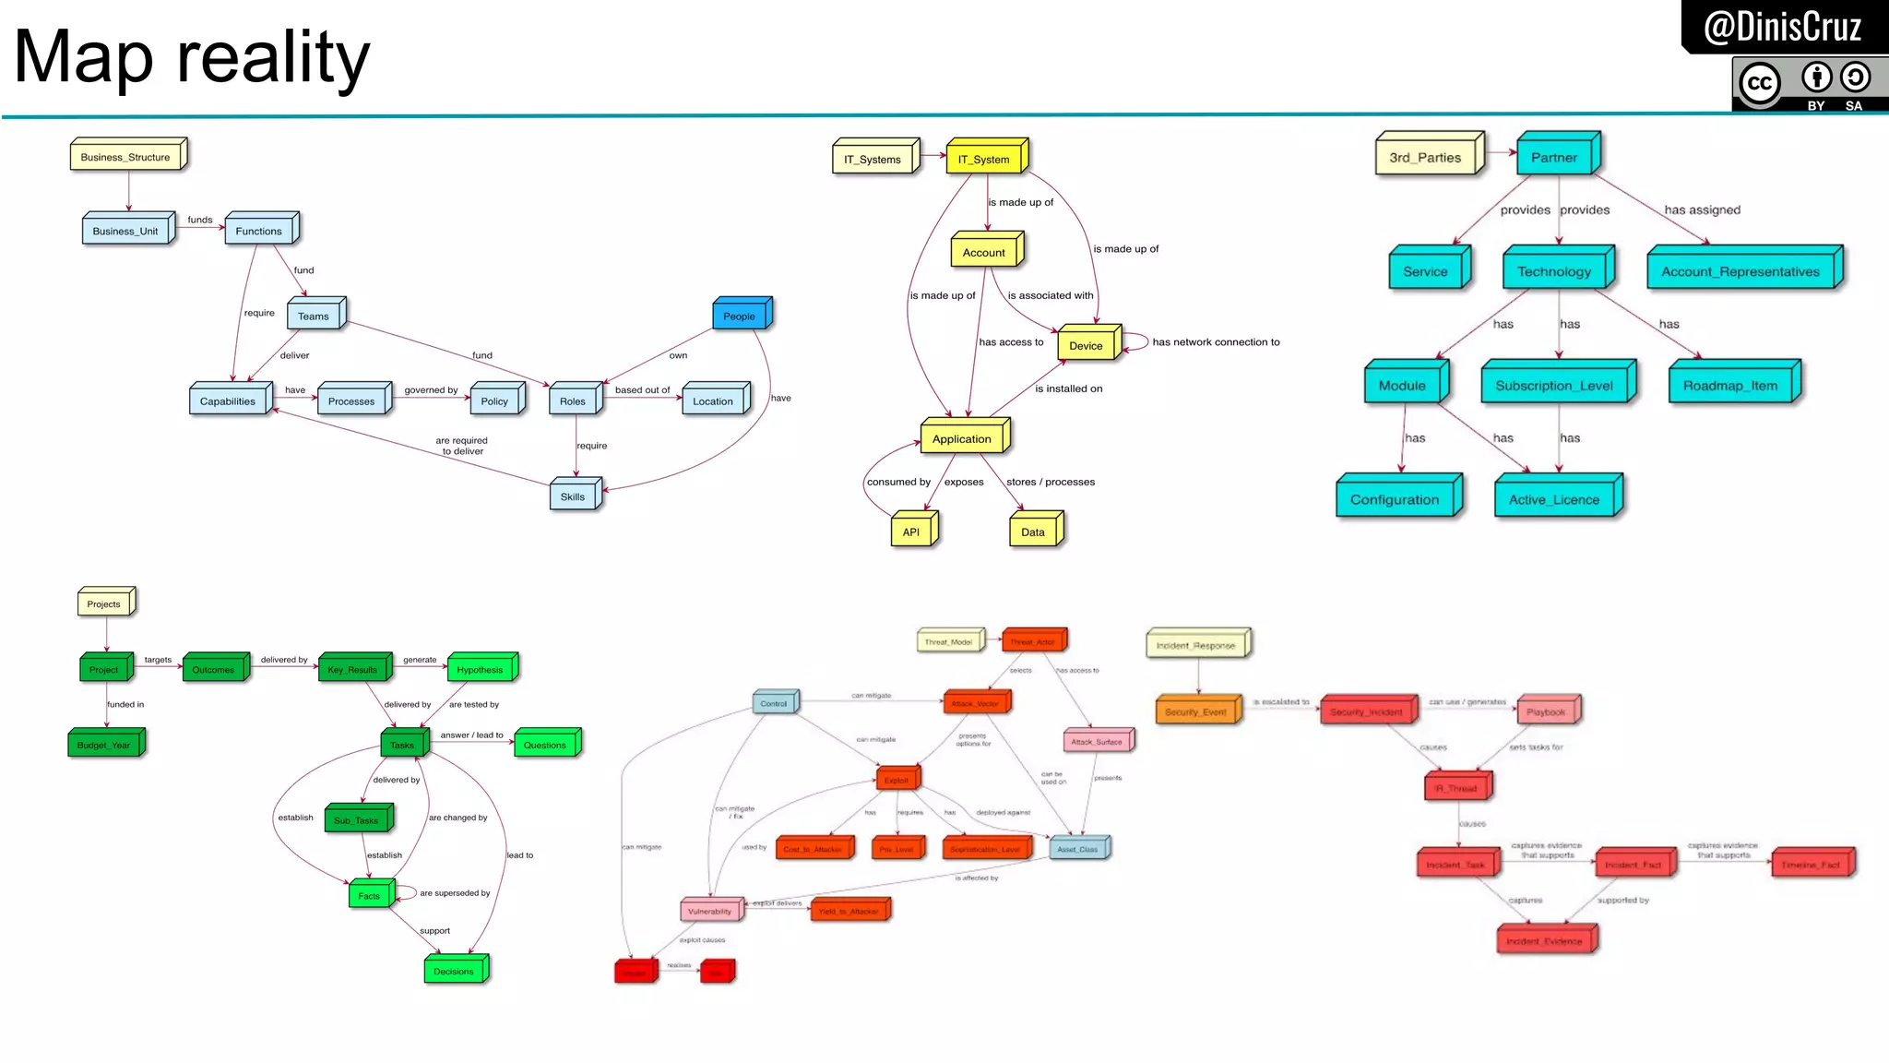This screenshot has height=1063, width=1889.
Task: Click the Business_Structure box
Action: click(126, 157)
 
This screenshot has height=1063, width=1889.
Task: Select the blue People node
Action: click(740, 316)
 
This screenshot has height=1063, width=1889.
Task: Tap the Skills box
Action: click(573, 496)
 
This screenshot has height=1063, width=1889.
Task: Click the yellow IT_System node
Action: click(984, 159)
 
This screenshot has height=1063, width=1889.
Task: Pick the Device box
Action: click(1087, 345)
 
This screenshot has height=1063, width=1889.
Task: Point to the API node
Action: click(912, 531)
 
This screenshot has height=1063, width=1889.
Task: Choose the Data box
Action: click(1034, 531)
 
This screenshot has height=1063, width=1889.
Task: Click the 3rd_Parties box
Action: click(1426, 157)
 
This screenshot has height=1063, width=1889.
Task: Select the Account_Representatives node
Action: click(1740, 271)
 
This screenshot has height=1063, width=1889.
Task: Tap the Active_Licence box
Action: click(1554, 499)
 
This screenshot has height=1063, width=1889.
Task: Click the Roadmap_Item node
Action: click(1730, 386)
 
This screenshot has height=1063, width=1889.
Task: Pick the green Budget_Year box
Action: click(104, 745)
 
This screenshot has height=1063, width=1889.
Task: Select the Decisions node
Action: click(454, 971)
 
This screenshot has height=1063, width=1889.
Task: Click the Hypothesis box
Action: click(481, 670)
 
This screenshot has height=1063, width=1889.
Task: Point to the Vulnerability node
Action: click(710, 912)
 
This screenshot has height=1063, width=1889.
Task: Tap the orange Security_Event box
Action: click(1196, 712)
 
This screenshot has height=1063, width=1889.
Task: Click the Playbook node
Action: click(1547, 712)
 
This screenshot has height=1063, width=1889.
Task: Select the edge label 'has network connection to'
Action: click(1216, 342)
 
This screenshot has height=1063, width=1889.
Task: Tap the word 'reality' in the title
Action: click(273, 57)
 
